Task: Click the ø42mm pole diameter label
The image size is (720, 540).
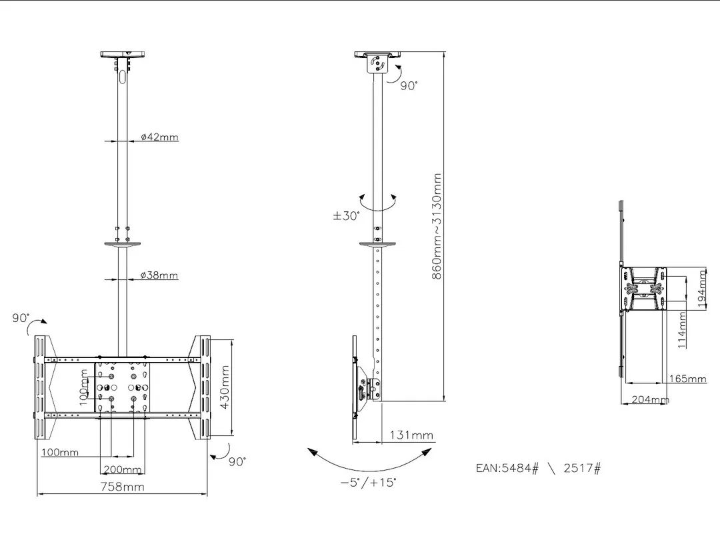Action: (x=159, y=137)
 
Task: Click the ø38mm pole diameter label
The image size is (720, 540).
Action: (x=159, y=275)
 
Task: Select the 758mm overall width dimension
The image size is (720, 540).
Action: (x=122, y=487)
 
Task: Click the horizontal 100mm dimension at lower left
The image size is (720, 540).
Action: (x=59, y=453)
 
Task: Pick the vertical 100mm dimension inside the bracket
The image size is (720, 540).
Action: (x=84, y=387)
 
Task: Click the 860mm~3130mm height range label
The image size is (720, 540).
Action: (x=437, y=227)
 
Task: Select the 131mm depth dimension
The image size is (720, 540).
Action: (x=411, y=435)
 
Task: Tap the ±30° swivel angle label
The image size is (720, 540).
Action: (x=347, y=216)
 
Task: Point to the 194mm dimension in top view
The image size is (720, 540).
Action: (x=701, y=287)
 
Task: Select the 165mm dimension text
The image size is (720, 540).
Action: (x=687, y=379)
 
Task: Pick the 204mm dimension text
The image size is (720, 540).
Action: (x=650, y=399)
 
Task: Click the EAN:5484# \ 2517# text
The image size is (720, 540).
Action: (x=538, y=468)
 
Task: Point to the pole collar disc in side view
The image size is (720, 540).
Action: (x=378, y=244)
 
